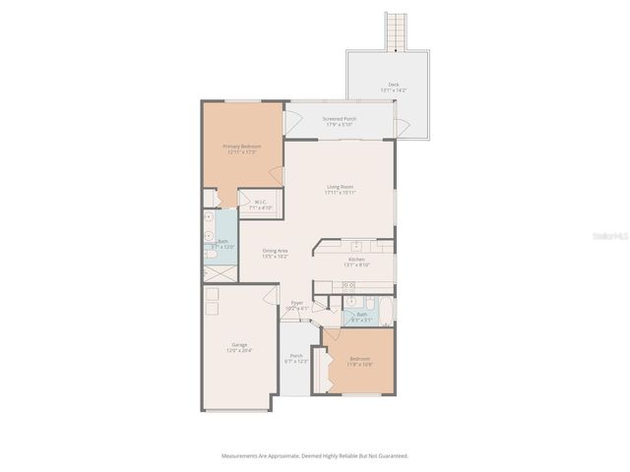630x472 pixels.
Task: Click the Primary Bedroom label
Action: [241, 148]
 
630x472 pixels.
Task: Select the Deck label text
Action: [394, 87]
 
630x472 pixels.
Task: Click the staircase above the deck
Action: [395, 31]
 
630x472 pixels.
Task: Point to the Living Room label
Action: [340, 189]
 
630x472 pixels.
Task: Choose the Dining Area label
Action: [276, 253]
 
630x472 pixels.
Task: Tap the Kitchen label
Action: [356, 262]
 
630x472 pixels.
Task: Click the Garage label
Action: [239, 347]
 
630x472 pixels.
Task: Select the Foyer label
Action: [296, 305]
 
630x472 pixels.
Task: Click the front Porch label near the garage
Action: [296, 358]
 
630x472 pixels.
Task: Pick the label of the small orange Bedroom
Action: [358, 361]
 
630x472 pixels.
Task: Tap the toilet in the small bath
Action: [367, 301]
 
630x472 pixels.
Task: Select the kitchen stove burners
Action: [347, 285]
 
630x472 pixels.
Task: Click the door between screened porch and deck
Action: [403, 127]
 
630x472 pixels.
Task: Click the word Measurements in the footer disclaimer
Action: [241, 456]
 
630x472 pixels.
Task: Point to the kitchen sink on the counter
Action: [356, 246]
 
